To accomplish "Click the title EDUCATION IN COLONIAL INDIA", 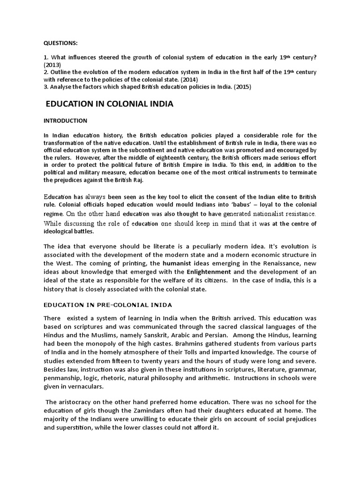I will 110,104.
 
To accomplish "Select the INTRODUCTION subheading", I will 66,120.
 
